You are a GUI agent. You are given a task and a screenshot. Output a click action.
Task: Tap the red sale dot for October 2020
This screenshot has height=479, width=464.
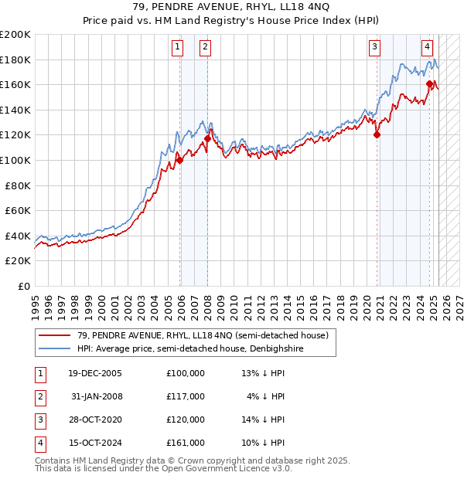point(377,134)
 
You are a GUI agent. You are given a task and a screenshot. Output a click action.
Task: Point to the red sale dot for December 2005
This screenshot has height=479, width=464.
point(179,160)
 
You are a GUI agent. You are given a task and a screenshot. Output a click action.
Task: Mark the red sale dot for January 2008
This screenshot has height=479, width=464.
point(207,139)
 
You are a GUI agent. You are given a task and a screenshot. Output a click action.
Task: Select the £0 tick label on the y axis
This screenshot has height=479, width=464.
point(23,286)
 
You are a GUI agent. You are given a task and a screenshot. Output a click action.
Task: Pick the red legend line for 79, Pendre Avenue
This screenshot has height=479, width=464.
point(54,335)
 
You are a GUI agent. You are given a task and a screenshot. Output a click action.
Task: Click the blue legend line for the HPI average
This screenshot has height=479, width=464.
point(54,348)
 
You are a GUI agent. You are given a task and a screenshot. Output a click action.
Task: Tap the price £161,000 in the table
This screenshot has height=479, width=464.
point(185,443)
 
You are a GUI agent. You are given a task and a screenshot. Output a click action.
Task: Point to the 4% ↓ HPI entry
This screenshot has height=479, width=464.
point(266,396)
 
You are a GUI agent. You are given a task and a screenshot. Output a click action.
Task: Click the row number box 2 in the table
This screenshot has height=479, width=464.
point(40,396)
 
